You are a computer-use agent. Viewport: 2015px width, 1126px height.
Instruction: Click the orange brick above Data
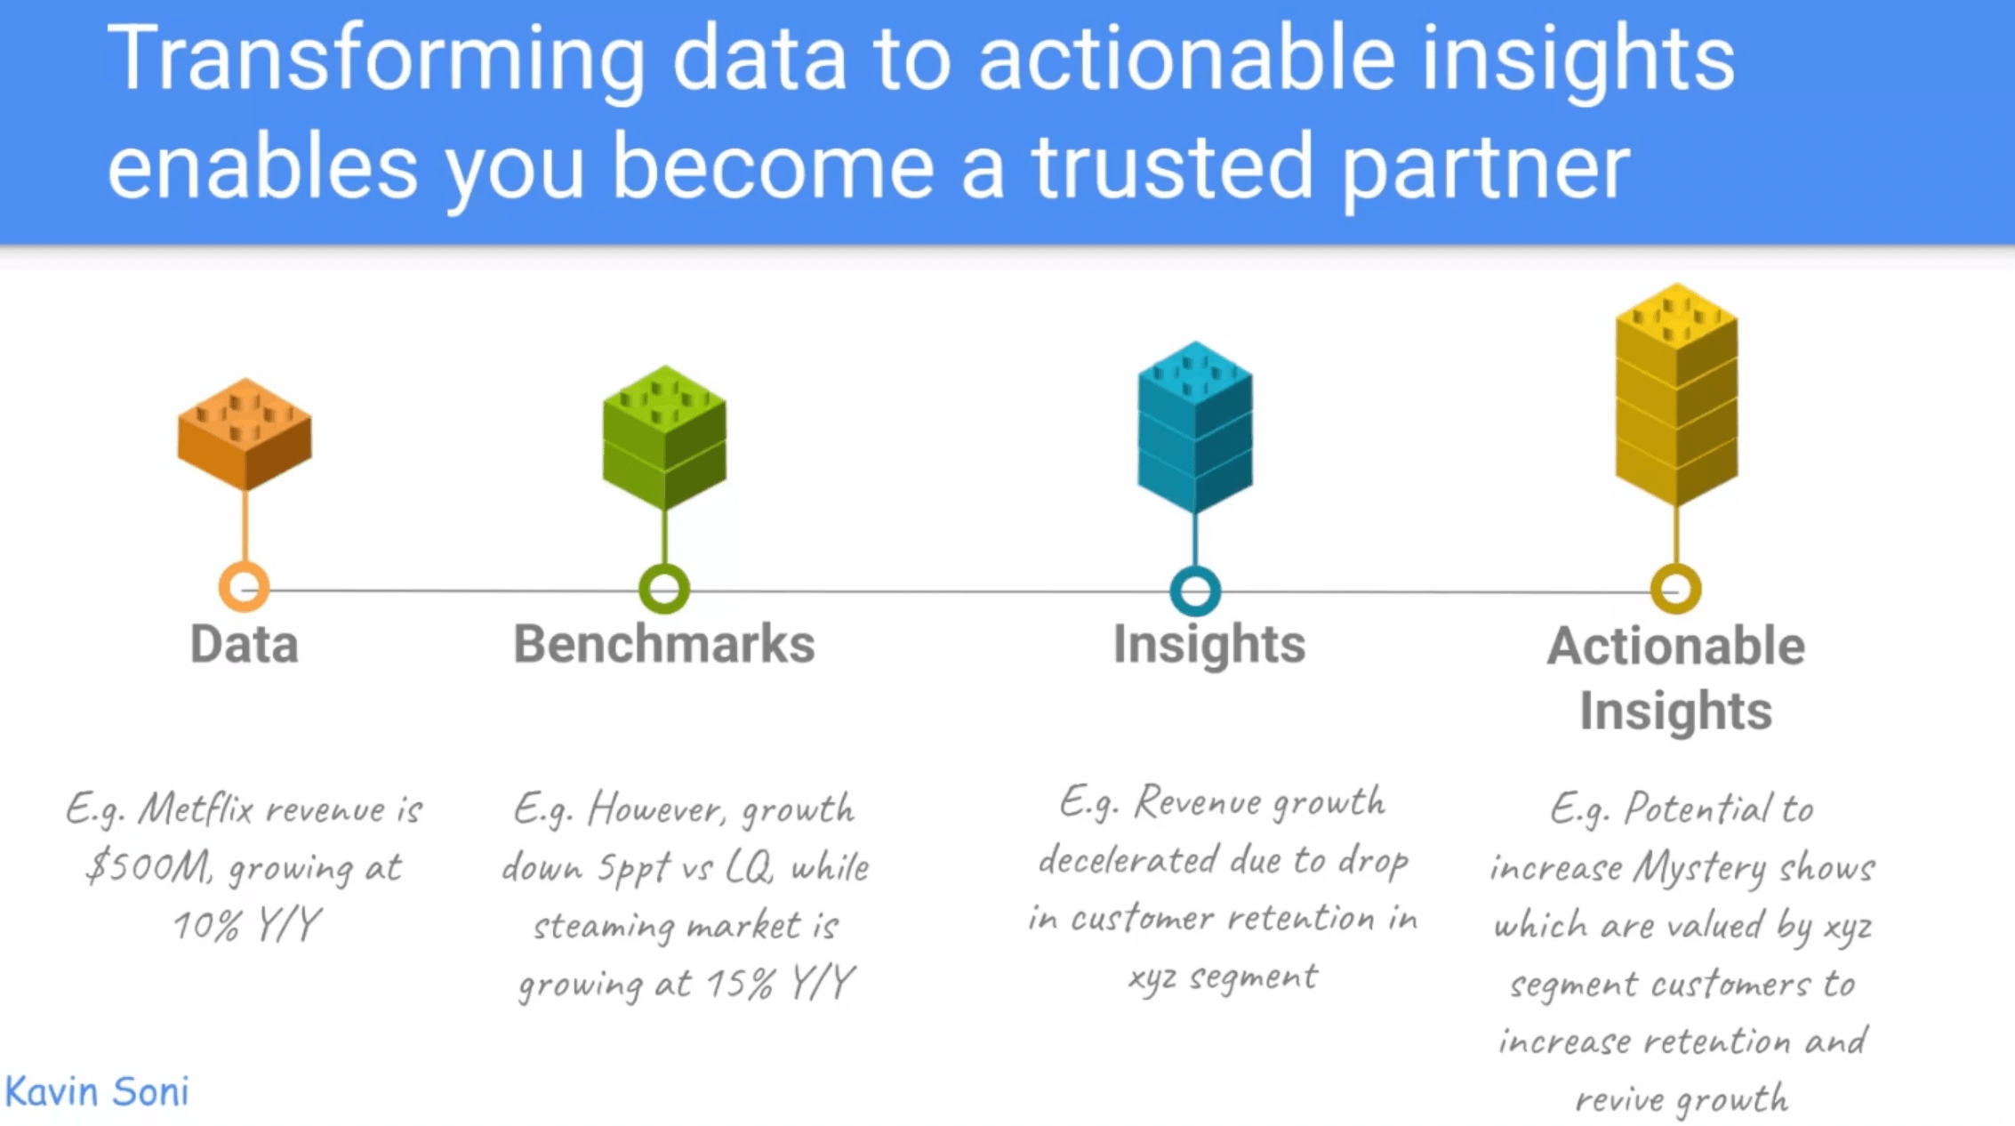pos(245,434)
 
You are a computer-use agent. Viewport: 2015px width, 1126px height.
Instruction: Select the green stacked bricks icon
pos(664,437)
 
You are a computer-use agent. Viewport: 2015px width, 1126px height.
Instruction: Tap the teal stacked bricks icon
pos(1195,426)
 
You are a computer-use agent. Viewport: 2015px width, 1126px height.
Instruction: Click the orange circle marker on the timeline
pos(245,588)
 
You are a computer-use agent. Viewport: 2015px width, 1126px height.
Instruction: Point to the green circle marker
pos(664,589)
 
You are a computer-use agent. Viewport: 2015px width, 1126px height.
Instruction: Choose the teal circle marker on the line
pos(1195,591)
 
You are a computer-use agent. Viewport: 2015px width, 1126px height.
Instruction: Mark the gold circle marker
pos(1676,589)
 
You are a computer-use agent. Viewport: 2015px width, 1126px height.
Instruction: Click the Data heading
pos(245,644)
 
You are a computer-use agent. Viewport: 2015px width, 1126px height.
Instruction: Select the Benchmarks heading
pos(664,644)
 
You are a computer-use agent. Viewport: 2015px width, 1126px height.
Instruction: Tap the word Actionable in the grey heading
pos(1676,646)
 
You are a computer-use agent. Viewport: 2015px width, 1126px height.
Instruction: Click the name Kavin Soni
pos(97,1092)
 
